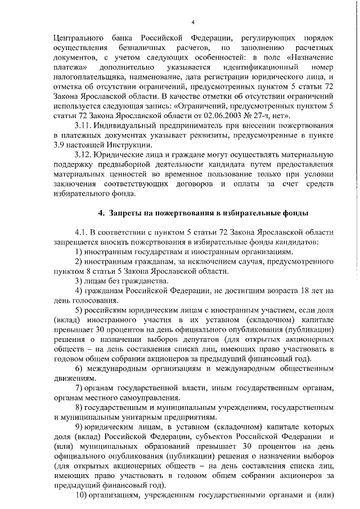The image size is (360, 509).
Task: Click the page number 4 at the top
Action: (x=192, y=22)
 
